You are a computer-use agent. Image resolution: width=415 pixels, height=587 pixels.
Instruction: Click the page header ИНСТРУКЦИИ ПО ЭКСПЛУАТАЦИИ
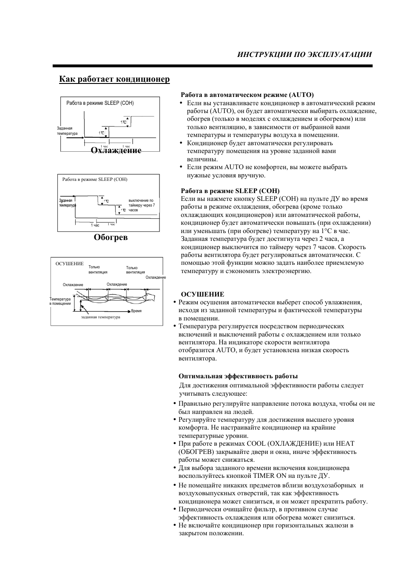click(304, 54)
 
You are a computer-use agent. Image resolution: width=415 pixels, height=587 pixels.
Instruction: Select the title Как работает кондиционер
click(114, 79)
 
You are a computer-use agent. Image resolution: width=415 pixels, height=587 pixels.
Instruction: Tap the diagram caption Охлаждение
click(116, 150)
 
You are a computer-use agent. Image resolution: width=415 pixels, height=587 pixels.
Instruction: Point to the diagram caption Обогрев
click(111, 237)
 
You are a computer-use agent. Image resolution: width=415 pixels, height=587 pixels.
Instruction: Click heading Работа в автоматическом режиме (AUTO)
click(247, 94)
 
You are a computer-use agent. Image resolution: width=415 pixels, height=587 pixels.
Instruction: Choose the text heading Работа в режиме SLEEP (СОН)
click(230, 190)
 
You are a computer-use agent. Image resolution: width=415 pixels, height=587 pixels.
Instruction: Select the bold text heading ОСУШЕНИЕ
click(203, 294)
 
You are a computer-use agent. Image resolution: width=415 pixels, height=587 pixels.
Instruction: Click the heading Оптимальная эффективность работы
click(238, 376)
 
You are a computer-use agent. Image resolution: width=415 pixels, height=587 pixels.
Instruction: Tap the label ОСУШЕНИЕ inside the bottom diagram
click(70, 263)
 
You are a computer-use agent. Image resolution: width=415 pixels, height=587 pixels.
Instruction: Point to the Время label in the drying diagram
click(136, 311)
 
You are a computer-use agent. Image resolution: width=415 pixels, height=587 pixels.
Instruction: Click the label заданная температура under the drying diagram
click(100, 317)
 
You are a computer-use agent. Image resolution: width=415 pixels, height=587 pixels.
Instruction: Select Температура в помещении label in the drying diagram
click(60, 301)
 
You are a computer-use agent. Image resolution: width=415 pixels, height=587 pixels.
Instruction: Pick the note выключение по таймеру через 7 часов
click(141, 205)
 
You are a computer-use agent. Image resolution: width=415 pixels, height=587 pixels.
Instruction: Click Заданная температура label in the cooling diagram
click(67, 131)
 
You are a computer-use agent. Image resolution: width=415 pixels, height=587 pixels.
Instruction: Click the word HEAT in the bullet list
click(345, 444)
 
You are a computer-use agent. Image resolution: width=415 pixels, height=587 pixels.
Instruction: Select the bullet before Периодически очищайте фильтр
click(174, 509)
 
